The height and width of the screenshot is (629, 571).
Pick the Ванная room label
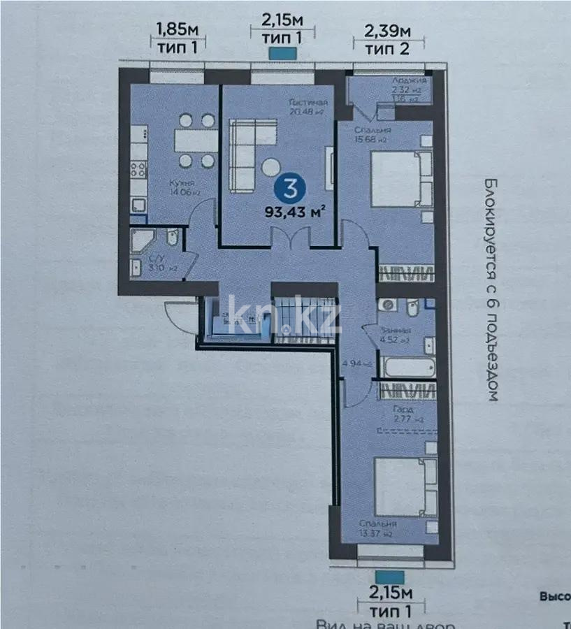click(x=396, y=331)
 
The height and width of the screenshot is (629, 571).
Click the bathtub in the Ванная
click(x=407, y=366)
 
